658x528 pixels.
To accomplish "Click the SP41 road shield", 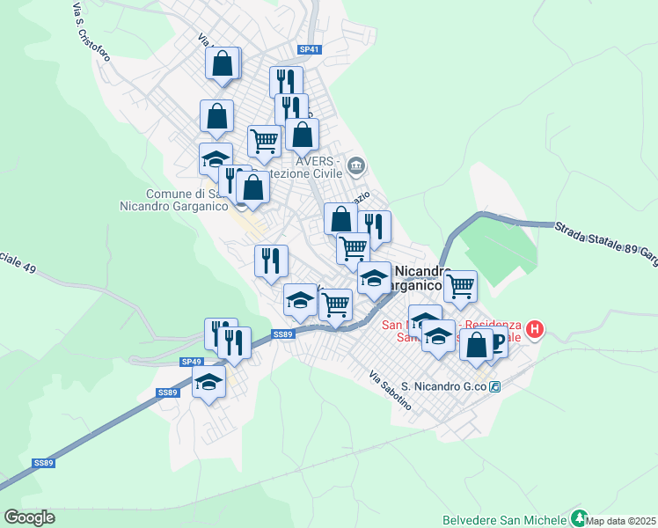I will pos(305,49).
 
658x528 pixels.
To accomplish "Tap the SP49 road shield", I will pos(192,362).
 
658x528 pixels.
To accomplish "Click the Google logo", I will pos(29,517).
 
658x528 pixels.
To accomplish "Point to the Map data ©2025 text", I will pos(621,521).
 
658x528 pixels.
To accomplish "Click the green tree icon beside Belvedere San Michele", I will pos(578,517).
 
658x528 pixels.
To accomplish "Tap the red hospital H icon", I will pos(535,331).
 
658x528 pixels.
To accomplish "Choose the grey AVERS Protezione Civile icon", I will pos(356,165).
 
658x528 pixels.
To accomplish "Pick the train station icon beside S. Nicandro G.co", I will pos(495,386).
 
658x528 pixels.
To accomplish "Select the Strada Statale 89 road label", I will pos(605,239).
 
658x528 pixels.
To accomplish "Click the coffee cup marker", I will pos(494,341).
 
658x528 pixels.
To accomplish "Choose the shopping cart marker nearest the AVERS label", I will pos(264,139).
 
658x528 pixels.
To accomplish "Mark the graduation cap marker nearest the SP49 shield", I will pos(208,381).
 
